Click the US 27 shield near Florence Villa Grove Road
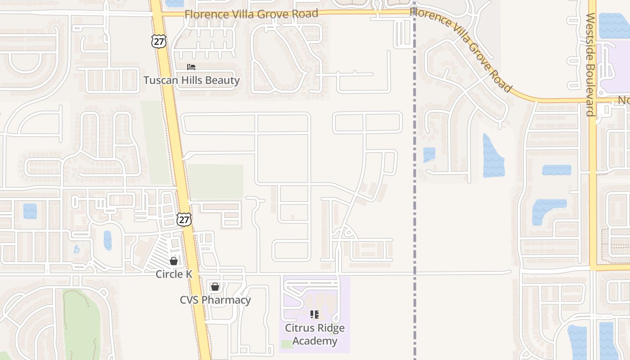(x=158, y=41)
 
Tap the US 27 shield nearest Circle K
(x=184, y=219)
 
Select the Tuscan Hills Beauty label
(x=191, y=81)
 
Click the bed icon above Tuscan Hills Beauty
(x=191, y=67)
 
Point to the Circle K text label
(x=174, y=274)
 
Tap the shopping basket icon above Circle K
(x=174, y=261)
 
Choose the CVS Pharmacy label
(x=215, y=300)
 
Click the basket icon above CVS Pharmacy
(x=215, y=287)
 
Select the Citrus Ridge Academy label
(x=315, y=334)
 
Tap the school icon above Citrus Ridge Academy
(x=315, y=314)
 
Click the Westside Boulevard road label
(x=590, y=64)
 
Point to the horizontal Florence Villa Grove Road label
(x=251, y=14)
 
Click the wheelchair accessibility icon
(x=77, y=249)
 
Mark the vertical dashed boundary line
(x=414, y=202)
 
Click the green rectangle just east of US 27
(x=215, y=181)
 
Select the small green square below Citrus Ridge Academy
(x=287, y=344)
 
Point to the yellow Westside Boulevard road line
(x=593, y=180)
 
